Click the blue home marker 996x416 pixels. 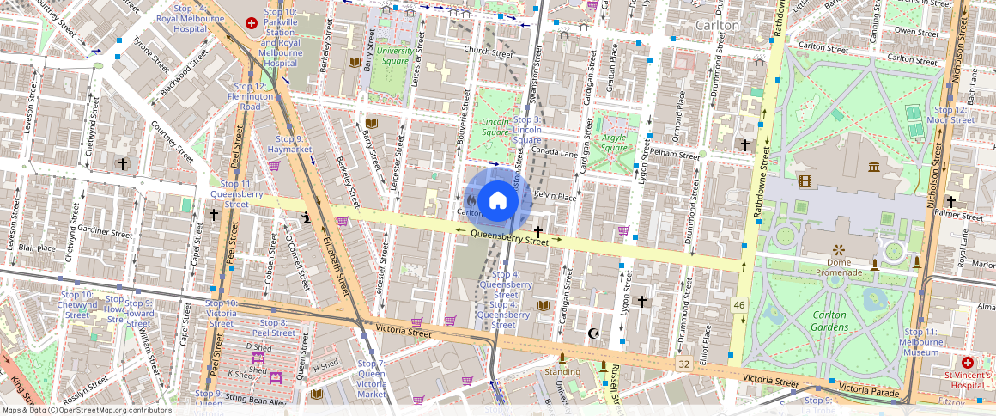click(x=497, y=200)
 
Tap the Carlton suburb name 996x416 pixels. click(x=717, y=26)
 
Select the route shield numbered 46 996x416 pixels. click(x=738, y=305)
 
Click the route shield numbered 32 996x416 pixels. click(x=683, y=364)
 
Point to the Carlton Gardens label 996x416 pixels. click(x=829, y=321)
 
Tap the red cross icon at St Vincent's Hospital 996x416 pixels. click(x=968, y=363)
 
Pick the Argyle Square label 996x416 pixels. click(x=614, y=142)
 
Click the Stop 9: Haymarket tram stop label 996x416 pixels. click(x=288, y=144)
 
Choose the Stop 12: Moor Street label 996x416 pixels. click(x=954, y=115)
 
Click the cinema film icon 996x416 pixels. click(x=805, y=180)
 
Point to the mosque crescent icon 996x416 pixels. click(x=591, y=333)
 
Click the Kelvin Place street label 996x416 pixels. click(x=555, y=196)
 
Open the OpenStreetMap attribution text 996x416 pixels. click(x=86, y=410)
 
